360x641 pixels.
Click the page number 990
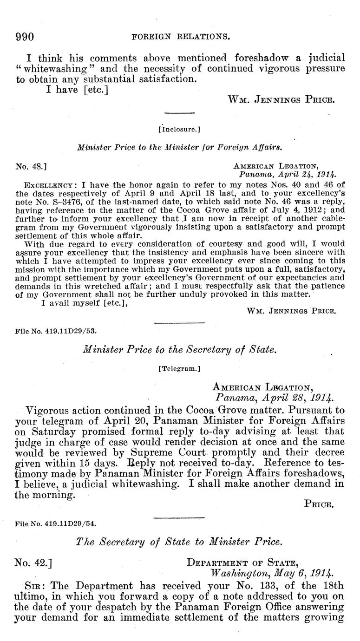pyautogui.click(x=25, y=37)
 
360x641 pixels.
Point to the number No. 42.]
pyautogui.click(x=33, y=563)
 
